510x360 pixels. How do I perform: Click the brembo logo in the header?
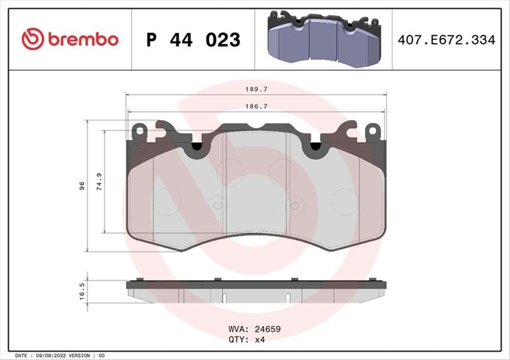click(70, 39)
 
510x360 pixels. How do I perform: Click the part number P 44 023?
click(193, 40)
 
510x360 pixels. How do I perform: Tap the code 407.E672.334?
click(446, 40)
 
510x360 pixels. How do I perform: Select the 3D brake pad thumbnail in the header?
click(324, 39)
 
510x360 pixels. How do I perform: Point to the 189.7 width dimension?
click(256, 90)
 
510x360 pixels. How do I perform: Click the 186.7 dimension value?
click(256, 107)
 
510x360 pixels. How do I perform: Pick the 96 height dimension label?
click(82, 185)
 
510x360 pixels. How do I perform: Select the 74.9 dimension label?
click(99, 181)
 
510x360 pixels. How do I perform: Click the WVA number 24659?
click(267, 329)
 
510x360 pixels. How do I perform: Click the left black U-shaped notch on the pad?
click(196, 146)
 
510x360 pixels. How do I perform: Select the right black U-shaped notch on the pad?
click(315, 146)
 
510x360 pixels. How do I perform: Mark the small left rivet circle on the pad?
click(217, 206)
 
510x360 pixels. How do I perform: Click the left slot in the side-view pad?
click(223, 297)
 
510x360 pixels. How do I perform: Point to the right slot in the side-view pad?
click(288, 297)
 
